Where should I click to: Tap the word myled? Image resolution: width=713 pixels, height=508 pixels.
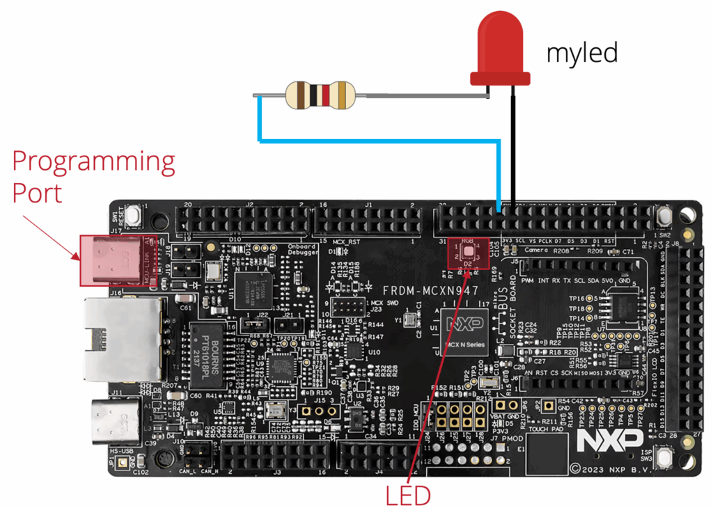click(582, 52)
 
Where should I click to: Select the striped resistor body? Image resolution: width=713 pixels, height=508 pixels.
click(321, 95)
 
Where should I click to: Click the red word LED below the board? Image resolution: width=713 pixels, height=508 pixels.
click(409, 495)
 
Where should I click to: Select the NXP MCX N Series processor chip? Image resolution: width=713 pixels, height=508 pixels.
click(461, 333)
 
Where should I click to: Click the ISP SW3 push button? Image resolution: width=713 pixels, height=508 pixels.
click(664, 458)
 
